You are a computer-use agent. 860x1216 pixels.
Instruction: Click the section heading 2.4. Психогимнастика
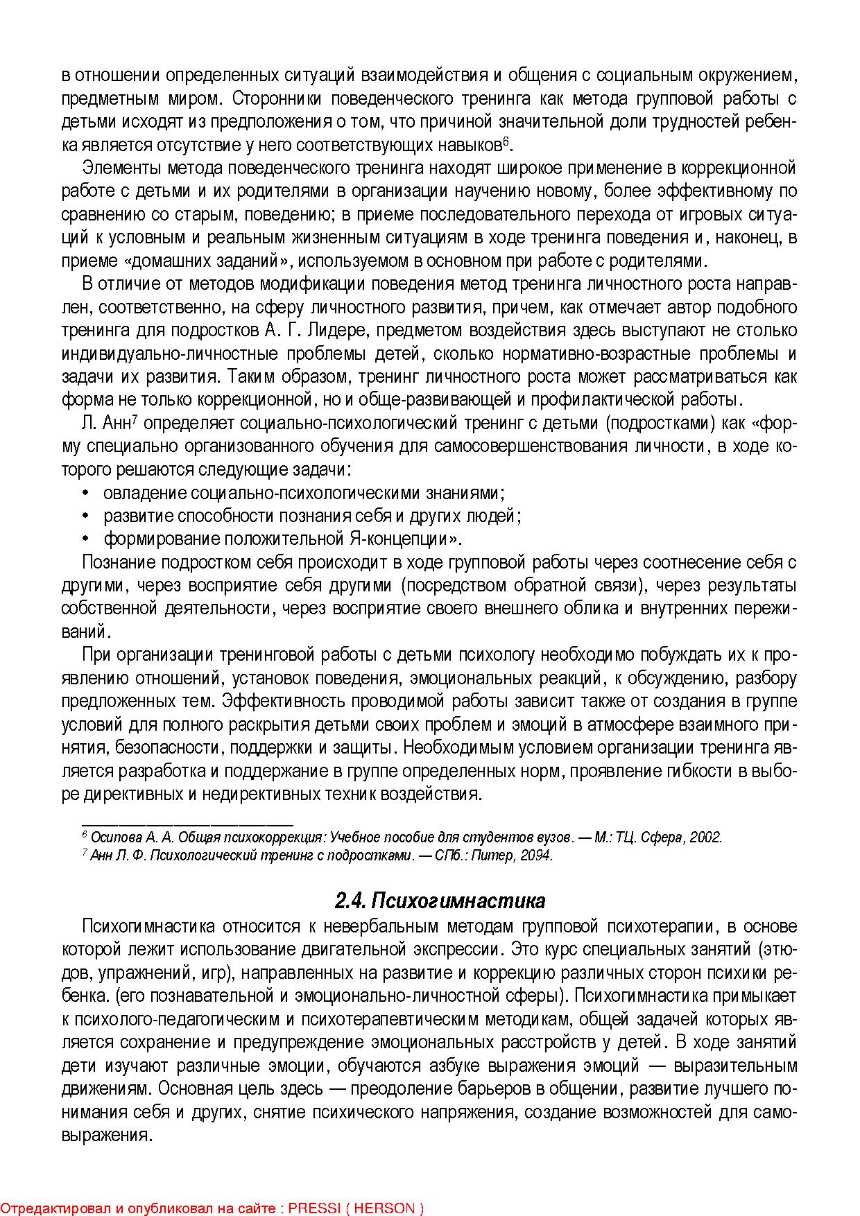point(440,901)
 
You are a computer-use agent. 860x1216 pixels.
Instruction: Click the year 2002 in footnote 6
point(705,837)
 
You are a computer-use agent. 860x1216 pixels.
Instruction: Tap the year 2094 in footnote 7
point(536,855)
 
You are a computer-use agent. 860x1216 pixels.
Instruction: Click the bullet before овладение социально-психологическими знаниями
point(86,494)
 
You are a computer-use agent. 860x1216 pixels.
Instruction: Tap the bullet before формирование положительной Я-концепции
point(86,539)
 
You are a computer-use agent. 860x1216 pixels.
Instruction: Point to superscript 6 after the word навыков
point(506,141)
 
